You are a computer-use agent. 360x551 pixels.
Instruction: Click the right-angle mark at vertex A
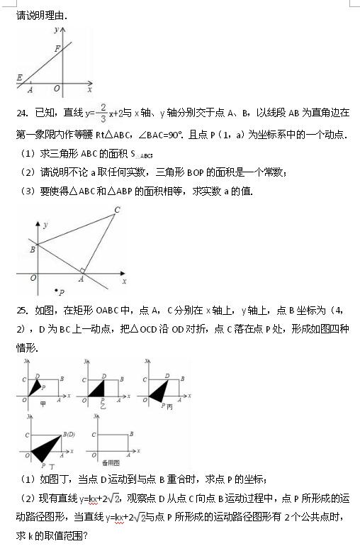coord(84,270)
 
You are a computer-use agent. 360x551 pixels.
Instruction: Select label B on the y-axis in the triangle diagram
coord(32,249)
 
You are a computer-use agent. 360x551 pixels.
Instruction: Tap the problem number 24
coord(21,113)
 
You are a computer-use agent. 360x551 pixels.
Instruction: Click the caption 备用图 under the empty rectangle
coord(107,462)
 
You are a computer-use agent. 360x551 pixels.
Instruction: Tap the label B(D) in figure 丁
coord(69,433)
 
